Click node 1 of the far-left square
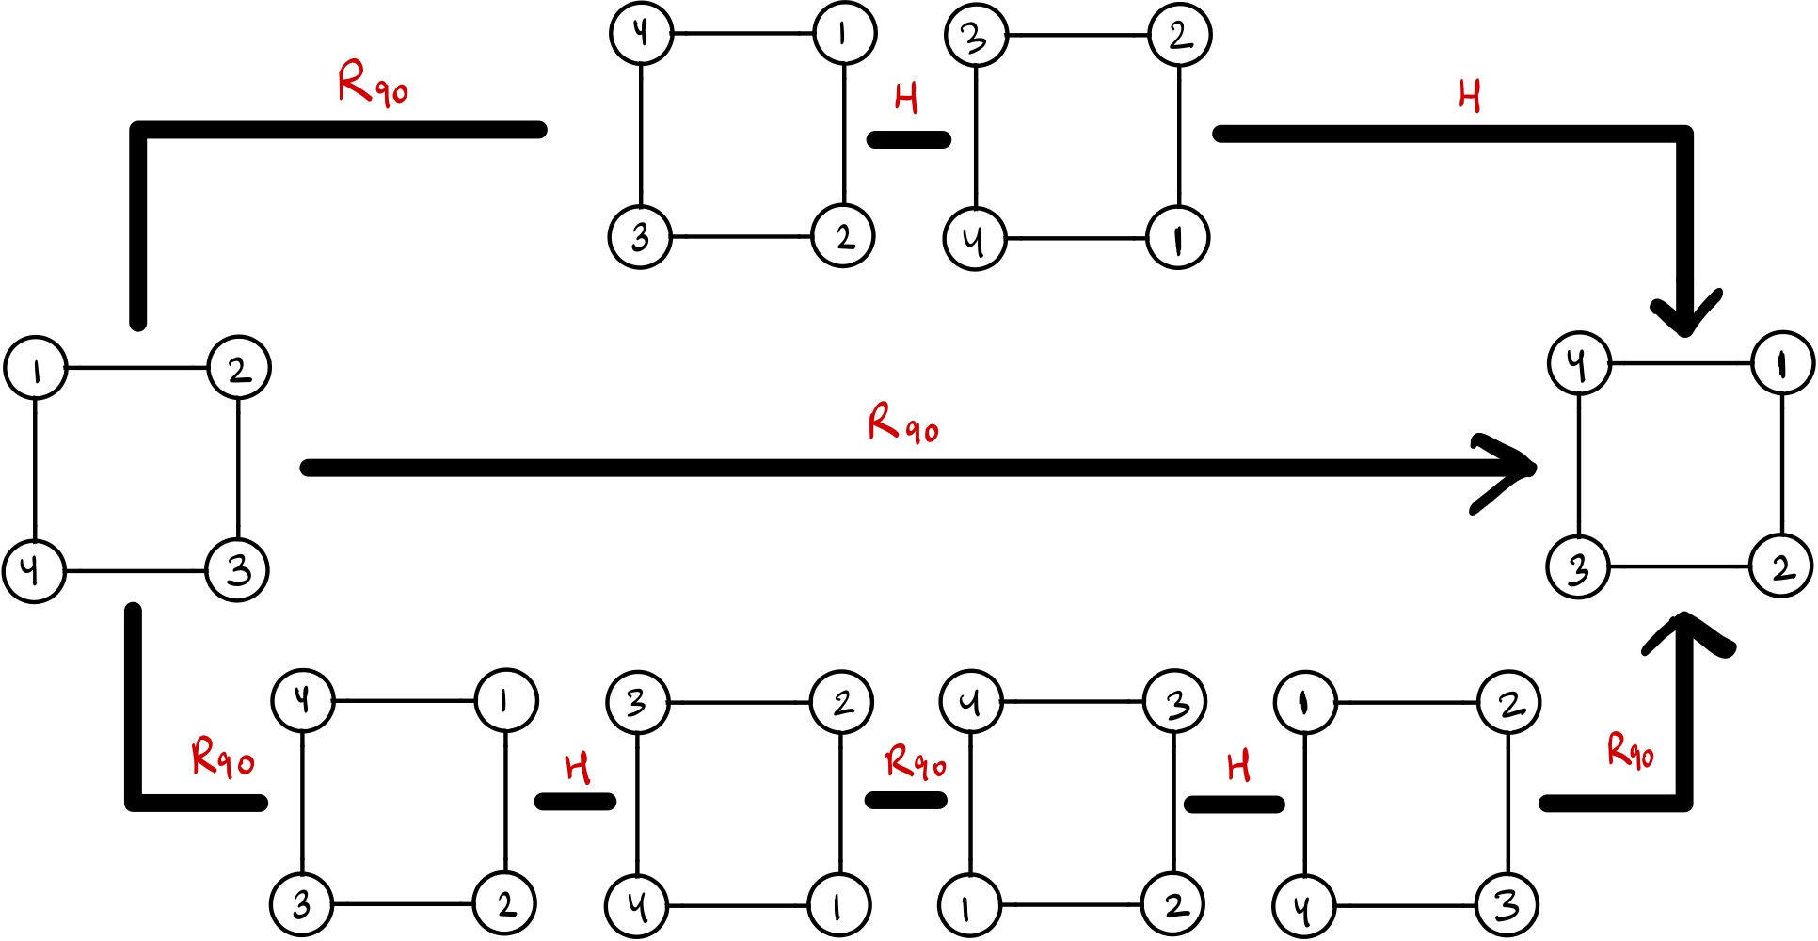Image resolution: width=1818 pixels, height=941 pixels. tap(36, 368)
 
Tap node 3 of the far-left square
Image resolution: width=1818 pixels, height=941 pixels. tap(238, 570)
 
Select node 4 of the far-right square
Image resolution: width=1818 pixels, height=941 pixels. tap(1579, 363)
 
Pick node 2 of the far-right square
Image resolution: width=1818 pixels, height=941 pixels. tap(1781, 567)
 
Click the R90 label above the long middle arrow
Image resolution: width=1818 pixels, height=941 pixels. tap(902, 423)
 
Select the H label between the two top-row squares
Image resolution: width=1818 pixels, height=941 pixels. tap(906, 98)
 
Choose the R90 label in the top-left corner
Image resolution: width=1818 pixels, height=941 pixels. tap(373, 85)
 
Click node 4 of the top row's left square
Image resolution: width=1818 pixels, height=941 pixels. tap(641, 34)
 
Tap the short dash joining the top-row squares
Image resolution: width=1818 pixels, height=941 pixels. tap(908, 140)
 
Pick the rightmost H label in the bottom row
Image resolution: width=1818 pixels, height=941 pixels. tap(1239, 767)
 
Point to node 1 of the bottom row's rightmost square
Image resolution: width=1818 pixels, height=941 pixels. tap(1305, 703)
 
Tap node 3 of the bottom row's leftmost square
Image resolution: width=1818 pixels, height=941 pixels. tap(302, 905)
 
